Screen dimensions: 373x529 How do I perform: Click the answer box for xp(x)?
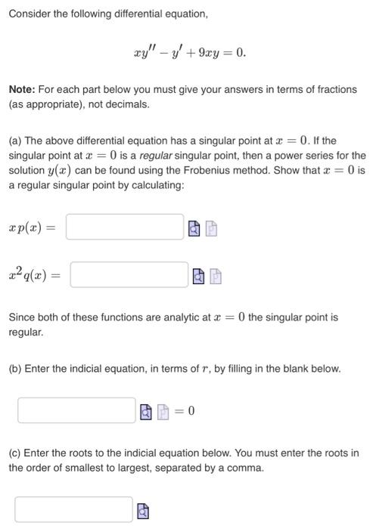[x=125, y=227]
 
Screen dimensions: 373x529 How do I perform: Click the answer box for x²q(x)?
[x=129, y=274]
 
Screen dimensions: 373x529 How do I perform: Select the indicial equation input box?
[x=76, y=410]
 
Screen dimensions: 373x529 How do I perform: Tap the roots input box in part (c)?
[x=73, y=509]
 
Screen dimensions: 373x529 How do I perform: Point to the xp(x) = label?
[x=32, y=227]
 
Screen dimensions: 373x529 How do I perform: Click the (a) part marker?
[x=15, y=141]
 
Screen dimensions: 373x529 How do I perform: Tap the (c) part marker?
[x=15, y=453]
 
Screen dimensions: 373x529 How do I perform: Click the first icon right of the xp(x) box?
[x=194, y=227]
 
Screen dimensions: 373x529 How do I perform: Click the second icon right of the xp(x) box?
[x=212, y=227]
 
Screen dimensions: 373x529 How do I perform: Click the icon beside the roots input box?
[x=143, y=511]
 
